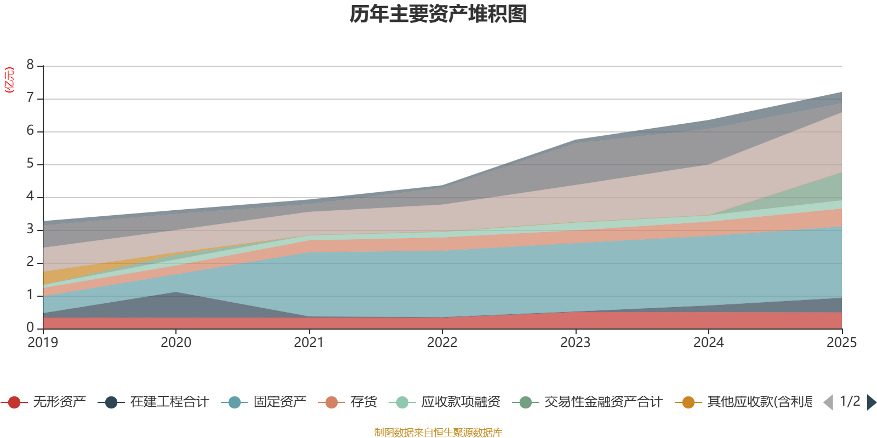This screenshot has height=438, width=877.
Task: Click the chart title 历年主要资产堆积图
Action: (x=438, y=14)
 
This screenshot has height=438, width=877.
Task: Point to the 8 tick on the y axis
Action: (x=30, y=65)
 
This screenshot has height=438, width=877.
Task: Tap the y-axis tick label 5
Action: (x=30, y=164)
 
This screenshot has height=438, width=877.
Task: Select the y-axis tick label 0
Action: (x=30, y=327)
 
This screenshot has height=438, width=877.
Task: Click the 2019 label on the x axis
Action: (x=43, y=343)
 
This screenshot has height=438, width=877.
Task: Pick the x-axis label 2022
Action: (x=442, y=343)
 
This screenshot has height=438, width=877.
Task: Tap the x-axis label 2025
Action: (x=841, y=343)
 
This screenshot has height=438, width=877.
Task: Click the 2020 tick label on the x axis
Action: (x=176, y=343)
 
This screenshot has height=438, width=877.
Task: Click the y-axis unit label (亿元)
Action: (x=9, y=80)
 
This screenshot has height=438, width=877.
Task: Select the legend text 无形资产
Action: (x=59, y=402)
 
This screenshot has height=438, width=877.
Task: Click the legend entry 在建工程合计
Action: (x=169, y=402)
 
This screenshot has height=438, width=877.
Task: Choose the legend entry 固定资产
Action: (x=280, y=402)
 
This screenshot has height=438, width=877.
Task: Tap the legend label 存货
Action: (x=363, y=402)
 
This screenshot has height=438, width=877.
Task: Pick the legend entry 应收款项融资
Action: (x=460, y=402)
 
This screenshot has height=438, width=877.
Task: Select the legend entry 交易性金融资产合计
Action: (x=603, y=402)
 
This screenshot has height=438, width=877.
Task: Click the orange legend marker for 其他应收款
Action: (x=688, y=402)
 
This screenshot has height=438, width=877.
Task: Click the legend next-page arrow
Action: (x=871, y=402)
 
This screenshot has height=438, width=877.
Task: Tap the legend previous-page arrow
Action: (x=828, y=402)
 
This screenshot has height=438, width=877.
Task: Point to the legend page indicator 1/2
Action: (x=850, y=401)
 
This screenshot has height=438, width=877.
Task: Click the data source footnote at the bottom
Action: (x=438, y=433)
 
